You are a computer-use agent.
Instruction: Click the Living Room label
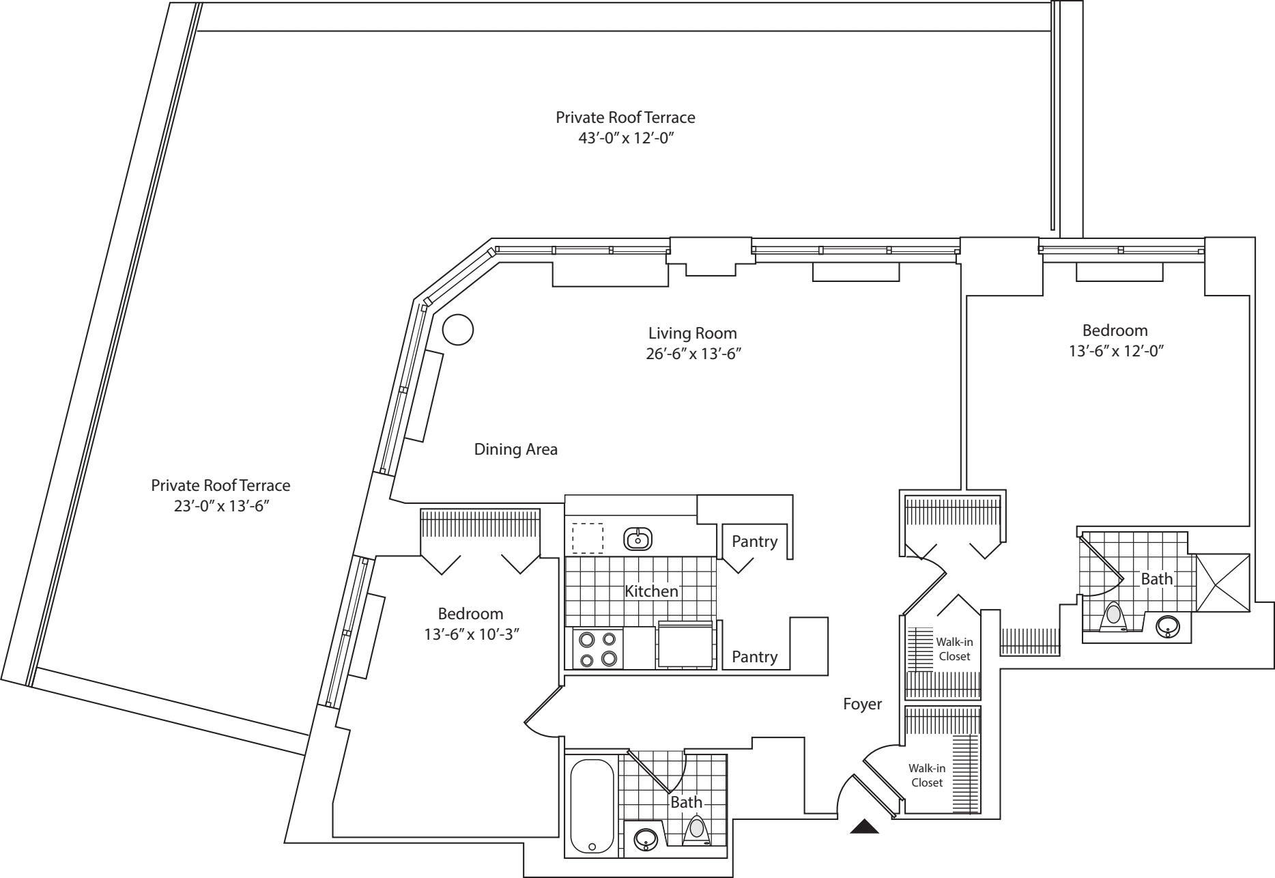692,333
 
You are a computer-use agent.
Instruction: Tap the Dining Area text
515,449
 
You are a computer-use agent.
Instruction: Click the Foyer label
862,704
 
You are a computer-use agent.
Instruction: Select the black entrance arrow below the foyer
864,827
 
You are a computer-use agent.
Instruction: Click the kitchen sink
638,539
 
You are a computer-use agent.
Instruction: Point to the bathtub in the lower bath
592,806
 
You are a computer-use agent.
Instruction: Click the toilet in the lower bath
696,830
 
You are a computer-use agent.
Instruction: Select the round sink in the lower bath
644,838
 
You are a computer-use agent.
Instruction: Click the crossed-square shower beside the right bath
1223,582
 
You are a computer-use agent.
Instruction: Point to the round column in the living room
458,330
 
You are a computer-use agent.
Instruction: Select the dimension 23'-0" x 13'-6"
220,507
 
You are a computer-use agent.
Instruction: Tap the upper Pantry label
754,541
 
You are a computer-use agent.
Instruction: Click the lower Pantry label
754,657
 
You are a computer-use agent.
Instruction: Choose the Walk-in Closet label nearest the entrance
926,776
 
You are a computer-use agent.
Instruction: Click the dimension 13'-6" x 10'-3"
471,634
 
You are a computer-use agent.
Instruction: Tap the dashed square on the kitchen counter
587,538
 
